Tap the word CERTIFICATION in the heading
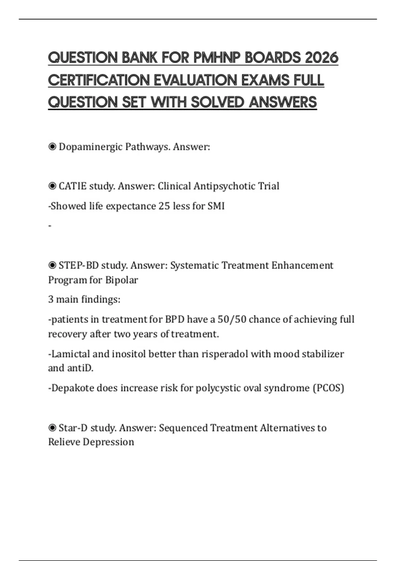click(x=98, y=80)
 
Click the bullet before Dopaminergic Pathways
click(x=52, y=147)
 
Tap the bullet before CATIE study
click(x=52, y=186)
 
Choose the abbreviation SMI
click(x=216, y=206)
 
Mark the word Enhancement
click(x=302, y=265)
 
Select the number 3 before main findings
click(x=50, y=299)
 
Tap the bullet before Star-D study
click(x=52, y=428)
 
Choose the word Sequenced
click(x=183, y=428)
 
